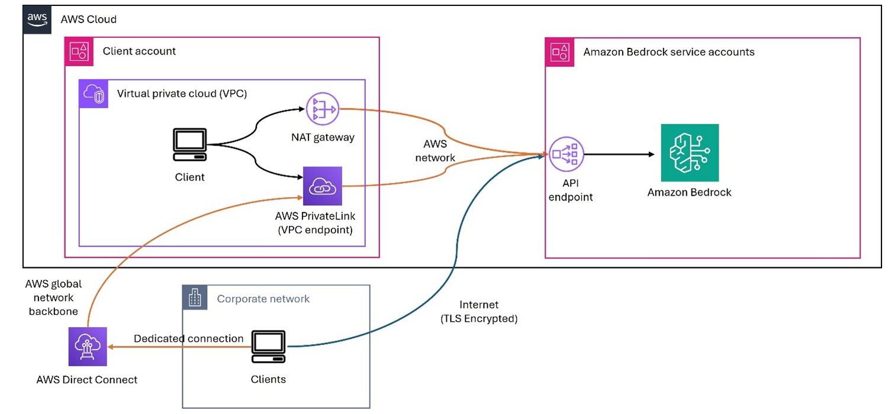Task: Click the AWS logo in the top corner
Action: coord(37,18)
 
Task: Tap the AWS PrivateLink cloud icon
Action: coord(322,185)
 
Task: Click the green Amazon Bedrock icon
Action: coord(690,153)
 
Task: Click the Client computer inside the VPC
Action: coord(189,145)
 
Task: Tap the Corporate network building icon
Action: coord(195,298)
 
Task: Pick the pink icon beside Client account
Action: coord(79,51)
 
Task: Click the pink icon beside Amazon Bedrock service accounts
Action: coord(559,51)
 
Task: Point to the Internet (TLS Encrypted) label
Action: coord(480,312)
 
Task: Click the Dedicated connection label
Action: coord(188,338)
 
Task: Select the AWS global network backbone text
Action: coord(53,297)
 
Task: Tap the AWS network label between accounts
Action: coord(435,151)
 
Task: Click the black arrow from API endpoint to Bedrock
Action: coord(619,154)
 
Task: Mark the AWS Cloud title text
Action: coord(89,19)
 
